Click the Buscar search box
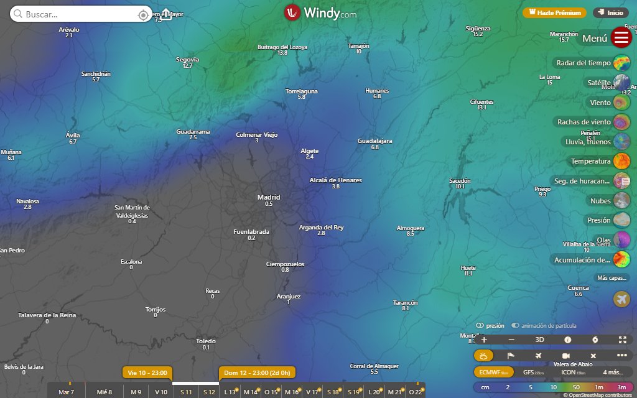(75, 14)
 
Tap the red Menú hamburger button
(621, 38)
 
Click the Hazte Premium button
(554, 12)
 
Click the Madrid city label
(269, 197)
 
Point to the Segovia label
(187, 60)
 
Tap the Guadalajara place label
(374, 141)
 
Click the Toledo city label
(206, 341)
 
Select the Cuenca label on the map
(578, 288)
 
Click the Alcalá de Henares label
(335, 180)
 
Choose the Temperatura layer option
(591, 162)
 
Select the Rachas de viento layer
(584, 122)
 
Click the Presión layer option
(599, 220)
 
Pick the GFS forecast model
(532, 372)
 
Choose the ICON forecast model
(572, 372)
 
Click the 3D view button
(540, 340)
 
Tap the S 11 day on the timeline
(185, 392)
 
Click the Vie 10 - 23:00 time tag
(147, 373)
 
